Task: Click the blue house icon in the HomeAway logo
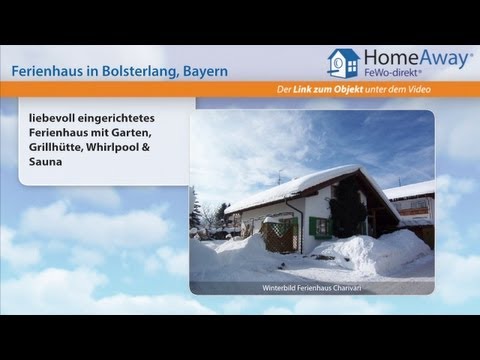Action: pos(343,63)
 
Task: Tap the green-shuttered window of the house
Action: pos(318,227)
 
